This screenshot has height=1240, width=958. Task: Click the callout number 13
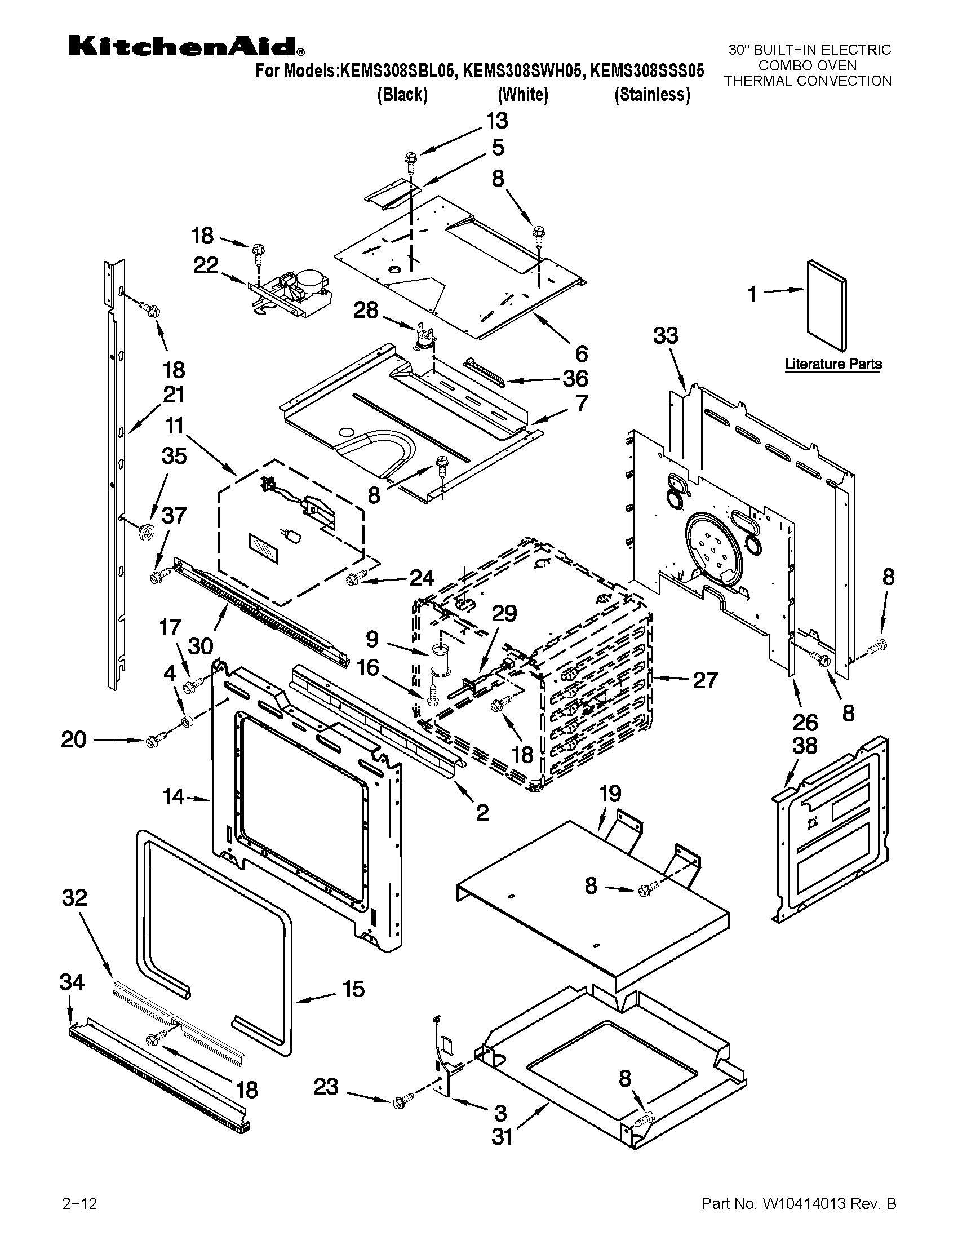(496, 121)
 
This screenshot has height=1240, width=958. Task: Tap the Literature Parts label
(832, 364)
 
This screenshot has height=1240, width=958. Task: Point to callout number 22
(206, 265)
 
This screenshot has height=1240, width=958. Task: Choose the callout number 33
(665, 335)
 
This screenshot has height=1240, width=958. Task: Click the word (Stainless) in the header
(652, 94)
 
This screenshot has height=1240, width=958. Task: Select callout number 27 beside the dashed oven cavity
(706, 680)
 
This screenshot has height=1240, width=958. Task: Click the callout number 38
(804, 746)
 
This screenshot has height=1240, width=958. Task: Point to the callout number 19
(610, 793)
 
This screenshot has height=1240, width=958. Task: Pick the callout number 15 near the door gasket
(353, 989)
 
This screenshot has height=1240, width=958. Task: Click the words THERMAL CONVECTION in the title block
(807, 81)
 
